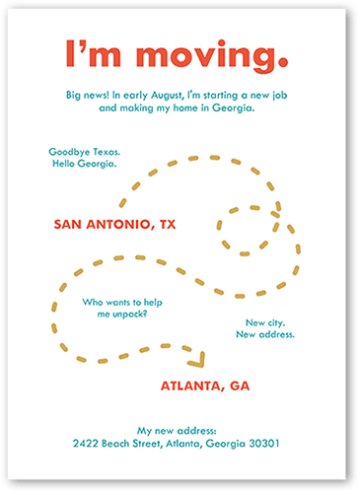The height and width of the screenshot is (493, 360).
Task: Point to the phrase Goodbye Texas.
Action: tap(84, 152)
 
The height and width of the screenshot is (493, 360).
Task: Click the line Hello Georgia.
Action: tap(84, 164)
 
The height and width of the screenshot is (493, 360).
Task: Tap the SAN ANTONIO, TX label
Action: tap(113, 225)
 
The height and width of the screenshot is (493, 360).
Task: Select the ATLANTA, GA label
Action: tap(205, 385)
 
